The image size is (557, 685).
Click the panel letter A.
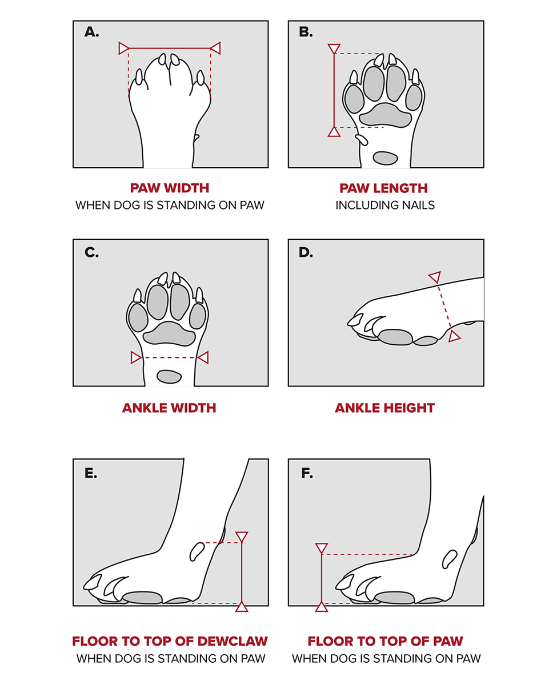click(x=91, y=32)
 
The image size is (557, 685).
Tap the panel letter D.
click(x=306, y=252)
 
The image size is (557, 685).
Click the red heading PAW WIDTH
click(x=170, y=188)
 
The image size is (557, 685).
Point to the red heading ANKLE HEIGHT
click(x=384, y=408)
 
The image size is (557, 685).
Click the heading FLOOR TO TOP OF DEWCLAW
click(x=170, y=640)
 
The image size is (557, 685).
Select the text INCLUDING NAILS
click(x=385, y=205)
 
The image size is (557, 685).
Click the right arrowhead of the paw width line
click(x=215, y=48)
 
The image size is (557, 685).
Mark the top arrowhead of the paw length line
click(x=334, y=49)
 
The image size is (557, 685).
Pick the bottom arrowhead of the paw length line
click(x=334, y=132)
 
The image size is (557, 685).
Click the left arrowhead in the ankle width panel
click(x=136, y=357)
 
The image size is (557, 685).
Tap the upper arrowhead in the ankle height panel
click(x=435, y=277)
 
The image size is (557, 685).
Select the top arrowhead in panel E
click(x=242, y=537)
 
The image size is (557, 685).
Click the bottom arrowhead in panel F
click(x=322, y=606)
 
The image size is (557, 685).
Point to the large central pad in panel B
click(x=386, y=115)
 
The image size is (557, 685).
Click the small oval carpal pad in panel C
click(x=169, y=376)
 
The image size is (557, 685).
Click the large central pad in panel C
click(x=169, y=334)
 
